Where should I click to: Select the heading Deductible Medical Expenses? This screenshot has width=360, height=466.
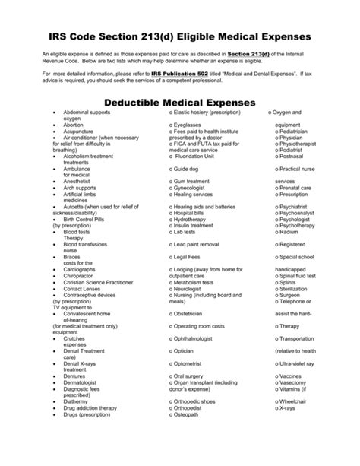click(x=180, y=103)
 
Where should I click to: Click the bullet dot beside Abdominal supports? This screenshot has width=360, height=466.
click(x=54, y=111)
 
